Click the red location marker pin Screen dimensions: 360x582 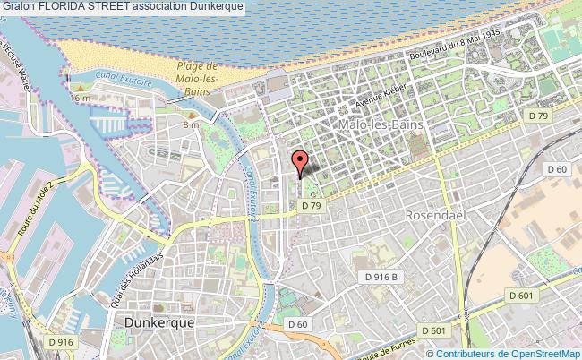point(300,162)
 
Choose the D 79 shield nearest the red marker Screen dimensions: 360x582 point(311,205)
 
